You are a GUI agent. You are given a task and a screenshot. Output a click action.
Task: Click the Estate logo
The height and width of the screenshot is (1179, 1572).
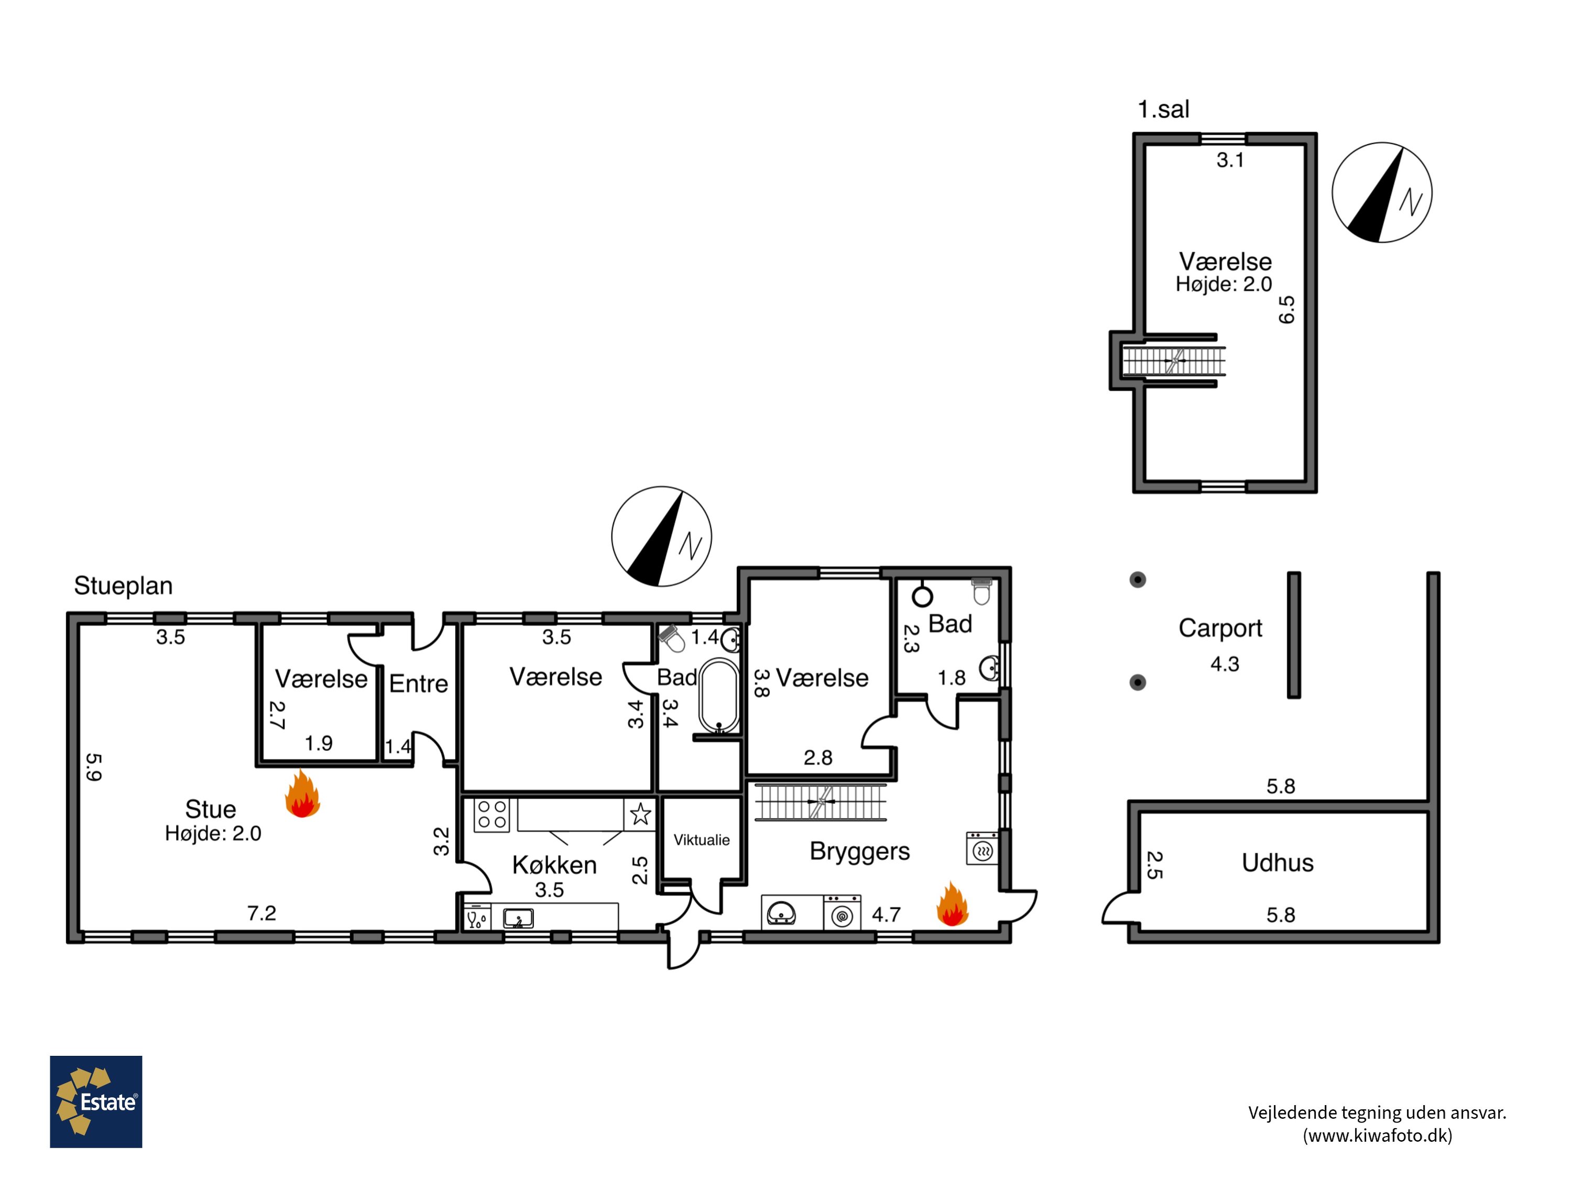click(96, 1101)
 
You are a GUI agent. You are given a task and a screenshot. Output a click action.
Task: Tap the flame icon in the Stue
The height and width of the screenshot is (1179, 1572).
click(303, 793)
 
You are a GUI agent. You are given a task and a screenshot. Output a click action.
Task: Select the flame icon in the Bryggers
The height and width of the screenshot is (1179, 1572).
click(952, 904)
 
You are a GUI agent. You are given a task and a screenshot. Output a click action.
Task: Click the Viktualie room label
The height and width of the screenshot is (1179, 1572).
click(702, 840)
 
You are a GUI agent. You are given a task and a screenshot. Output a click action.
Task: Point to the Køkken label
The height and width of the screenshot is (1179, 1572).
click(554, 865)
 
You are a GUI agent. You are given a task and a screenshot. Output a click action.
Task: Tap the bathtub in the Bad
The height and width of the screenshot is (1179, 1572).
click(719, 696)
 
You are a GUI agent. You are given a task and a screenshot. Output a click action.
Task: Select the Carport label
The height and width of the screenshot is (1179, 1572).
click(1220, 628)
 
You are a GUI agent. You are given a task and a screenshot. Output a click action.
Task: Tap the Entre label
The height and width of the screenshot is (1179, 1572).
click(419, 684)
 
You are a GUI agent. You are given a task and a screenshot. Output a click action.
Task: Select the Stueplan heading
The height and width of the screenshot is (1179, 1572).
click(124, 586)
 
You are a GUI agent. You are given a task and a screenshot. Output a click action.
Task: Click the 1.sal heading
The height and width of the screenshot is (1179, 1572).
click(1163, 110)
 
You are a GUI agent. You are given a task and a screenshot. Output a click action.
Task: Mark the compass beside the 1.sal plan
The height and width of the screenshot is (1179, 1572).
click(1382, 193)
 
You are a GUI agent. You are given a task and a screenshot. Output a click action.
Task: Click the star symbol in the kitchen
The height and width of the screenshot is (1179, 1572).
click(640, 814)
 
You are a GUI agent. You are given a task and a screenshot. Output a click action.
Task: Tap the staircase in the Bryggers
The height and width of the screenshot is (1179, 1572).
click(821, 802)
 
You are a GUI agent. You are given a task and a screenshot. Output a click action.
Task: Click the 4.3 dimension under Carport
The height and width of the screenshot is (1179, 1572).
click(1225, 664)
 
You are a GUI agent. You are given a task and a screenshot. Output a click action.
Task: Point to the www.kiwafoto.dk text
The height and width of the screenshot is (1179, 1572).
click(1377, 1136)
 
